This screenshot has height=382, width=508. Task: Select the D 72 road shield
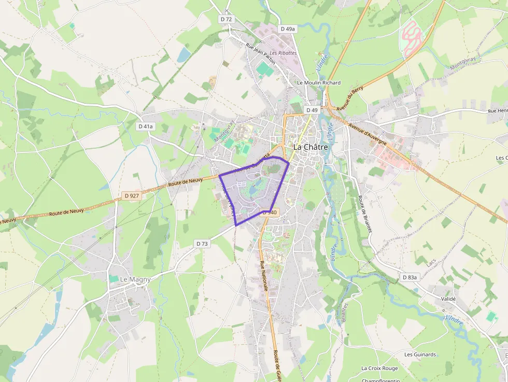point(227,19)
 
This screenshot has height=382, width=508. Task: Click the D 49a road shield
point(287,29)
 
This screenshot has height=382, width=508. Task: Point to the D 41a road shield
point(146,126)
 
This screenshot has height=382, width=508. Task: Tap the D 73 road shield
point(202,244)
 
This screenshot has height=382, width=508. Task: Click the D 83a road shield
point(409,277)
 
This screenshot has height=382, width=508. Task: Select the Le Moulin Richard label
point(318,83)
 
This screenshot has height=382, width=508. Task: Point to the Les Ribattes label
point(283,53)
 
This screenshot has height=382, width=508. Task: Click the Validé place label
point(447,299)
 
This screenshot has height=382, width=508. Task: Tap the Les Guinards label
point(420,355)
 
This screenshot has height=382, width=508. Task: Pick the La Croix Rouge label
point(379,369)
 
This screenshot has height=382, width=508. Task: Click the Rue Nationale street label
point(264,276)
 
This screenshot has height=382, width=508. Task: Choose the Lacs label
point(431,263)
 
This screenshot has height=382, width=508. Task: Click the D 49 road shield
point(312,110)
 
